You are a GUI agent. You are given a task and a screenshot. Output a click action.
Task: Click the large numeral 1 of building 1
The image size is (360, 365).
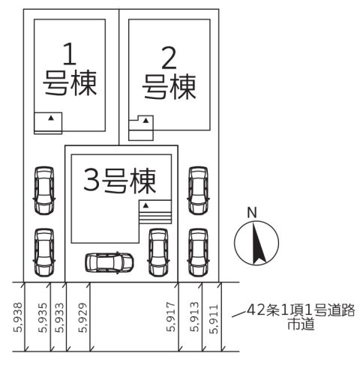click(x=70, y=54)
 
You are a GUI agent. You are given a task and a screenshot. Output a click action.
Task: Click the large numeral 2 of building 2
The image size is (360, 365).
click(x=169, y=58)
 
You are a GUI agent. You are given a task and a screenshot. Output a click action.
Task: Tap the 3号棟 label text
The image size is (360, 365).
click(x=120, y=181)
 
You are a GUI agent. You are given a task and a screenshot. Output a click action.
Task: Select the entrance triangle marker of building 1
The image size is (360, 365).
click(x=51, y=118)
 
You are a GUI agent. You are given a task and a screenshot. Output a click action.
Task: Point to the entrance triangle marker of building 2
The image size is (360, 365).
click(x=145, y=121)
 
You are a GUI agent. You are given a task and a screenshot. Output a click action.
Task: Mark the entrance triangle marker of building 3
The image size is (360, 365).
click(x=145, y=205)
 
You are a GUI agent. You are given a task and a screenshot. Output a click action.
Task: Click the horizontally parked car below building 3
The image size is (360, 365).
click(x=109, y=262)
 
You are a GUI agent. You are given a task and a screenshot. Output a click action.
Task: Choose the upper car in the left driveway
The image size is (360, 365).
click(x=44, y=190)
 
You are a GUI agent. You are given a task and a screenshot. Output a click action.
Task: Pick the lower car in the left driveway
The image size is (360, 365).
click(x=44, y=253)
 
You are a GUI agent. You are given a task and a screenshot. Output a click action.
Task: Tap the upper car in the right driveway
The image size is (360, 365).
click(x=198, y=190)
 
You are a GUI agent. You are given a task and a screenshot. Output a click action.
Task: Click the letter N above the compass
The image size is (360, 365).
click(x=252, y=213)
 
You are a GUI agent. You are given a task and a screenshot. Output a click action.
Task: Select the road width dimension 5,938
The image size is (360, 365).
click(x=18, y=318)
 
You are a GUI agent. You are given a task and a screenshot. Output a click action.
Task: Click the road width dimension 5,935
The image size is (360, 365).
click(x=43, y=318)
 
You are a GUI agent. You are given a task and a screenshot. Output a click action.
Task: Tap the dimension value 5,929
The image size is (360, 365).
click(x=83, y=318)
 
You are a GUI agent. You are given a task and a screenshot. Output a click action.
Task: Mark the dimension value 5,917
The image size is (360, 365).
click(x=171, y=317)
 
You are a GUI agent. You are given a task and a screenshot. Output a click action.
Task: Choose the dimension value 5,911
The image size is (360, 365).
click(x=214, y=319)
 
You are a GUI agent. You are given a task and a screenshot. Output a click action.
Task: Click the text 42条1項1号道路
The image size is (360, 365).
click(x=301, y=310)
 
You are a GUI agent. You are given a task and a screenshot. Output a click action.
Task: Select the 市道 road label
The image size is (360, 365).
click(x=301, y=324)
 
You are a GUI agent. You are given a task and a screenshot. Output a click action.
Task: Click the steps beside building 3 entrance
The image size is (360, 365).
click(x=155, y=217)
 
